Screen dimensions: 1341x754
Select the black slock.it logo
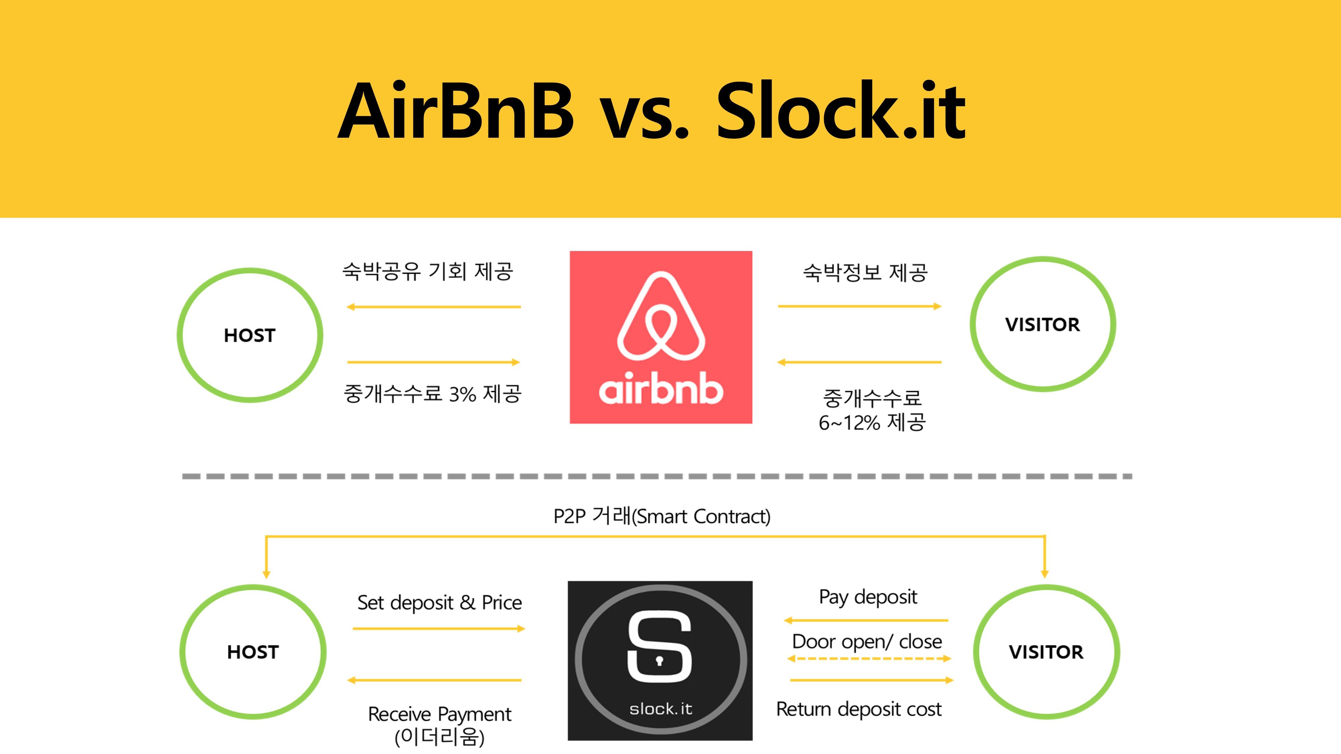[660, 660]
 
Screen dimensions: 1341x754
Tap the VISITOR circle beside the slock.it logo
[975, 651]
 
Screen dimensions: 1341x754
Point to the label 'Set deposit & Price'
[440, 603]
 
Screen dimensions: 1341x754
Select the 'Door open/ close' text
[867, 642]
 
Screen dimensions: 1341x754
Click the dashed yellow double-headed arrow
[869, 659]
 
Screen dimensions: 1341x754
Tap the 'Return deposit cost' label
[859, 709]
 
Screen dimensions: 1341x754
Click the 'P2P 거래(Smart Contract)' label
[662, 516]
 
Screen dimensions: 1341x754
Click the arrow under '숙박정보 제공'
[860, 307]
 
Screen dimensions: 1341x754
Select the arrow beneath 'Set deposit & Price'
[439, 629]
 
